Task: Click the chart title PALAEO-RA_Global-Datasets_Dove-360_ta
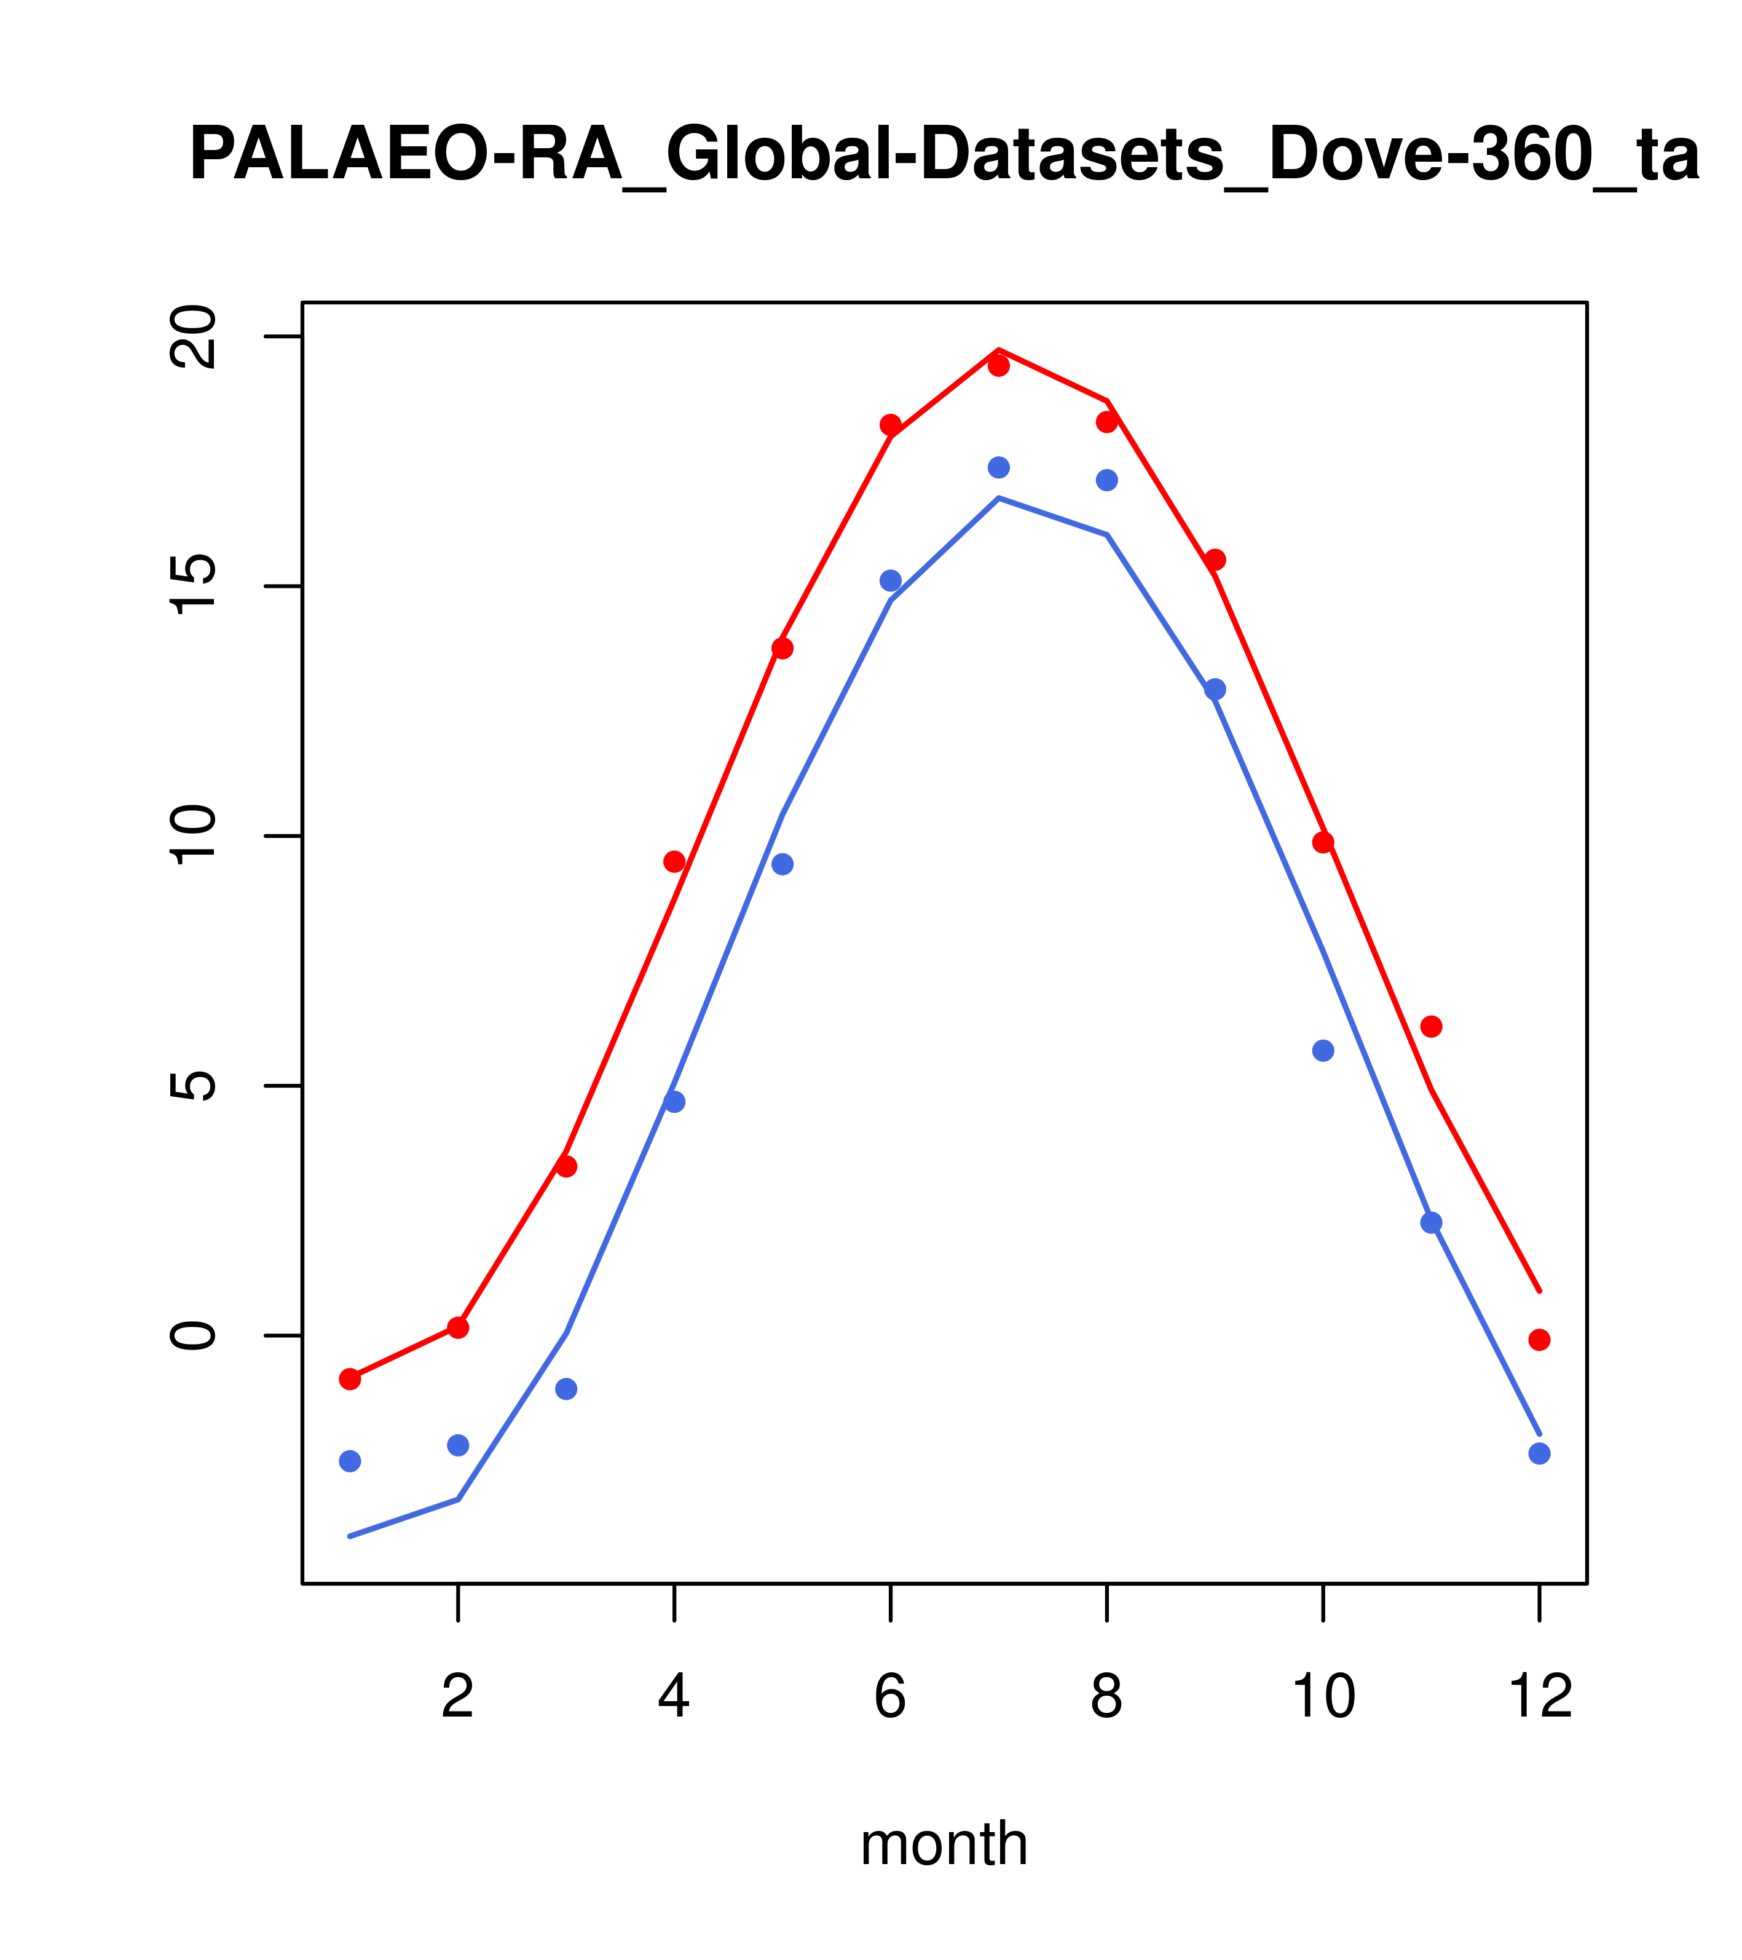coord(944,156)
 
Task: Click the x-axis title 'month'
coord(944,1843)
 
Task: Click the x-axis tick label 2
coord(459,1697)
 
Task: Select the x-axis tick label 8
coord(1106,1697)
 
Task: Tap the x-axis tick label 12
coord(1540,1697)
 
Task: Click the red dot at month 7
coord(999,365)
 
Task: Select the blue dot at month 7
coord(999,467)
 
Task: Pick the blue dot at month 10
coord(1323,1050)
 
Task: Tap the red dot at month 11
coord(1432,1026)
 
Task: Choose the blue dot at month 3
coord(567,1388)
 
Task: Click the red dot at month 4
coord(675,861)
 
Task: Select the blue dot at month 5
coord(782,864)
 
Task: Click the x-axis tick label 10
coord(1323,1697)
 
